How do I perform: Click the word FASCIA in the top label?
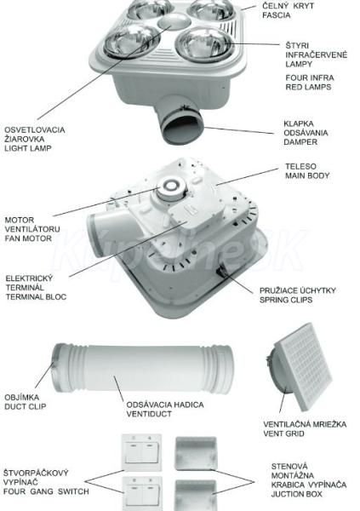click(x=277, y=15)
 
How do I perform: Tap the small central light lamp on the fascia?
click(x=174, y=20)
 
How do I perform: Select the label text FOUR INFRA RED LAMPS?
click(x=310, y=83)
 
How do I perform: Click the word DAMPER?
click(x=300, y=142)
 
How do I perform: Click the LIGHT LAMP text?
click(x=28, y=148)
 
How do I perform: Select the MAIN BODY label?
click(x=307, y=175)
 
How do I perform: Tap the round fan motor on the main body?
click(x=171, y=189)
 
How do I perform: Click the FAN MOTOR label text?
click(x=28, y=238)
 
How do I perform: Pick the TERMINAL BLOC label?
click(x=36, y=297)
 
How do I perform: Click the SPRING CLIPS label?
click(x=286, y=300)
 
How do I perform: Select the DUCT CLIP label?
click(x=26, y=407)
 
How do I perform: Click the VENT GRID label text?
click(x=283, y=433)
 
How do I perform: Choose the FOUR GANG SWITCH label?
click(x=46, y=491)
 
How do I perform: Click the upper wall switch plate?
click(x=142, y=452)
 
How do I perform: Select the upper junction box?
click(x=196, y=453)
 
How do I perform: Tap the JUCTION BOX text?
click(x=297, y=494)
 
